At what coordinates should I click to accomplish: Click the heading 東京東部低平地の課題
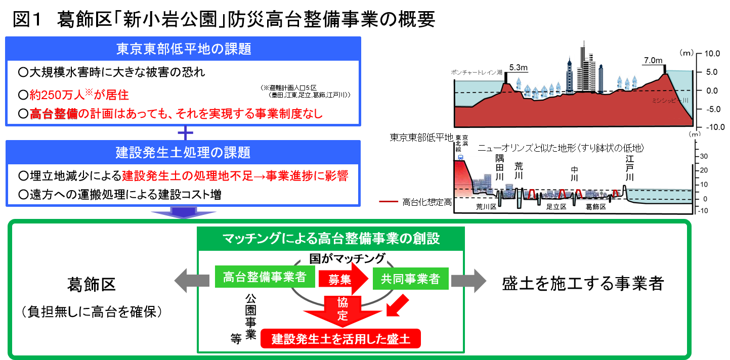183,49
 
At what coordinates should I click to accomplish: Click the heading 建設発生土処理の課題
183,153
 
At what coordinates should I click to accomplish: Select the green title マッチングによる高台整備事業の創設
331,238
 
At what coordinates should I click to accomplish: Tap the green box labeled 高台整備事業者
264,277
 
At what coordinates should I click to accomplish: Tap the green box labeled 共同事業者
410,279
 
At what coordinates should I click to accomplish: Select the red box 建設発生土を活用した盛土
340,339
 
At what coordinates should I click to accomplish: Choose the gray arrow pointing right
468,280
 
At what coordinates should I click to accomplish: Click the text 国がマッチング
347,258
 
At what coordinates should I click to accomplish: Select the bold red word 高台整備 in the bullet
54,114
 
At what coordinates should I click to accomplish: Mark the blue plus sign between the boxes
186,133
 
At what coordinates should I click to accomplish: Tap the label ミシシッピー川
670,101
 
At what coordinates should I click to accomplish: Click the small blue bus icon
461,156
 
